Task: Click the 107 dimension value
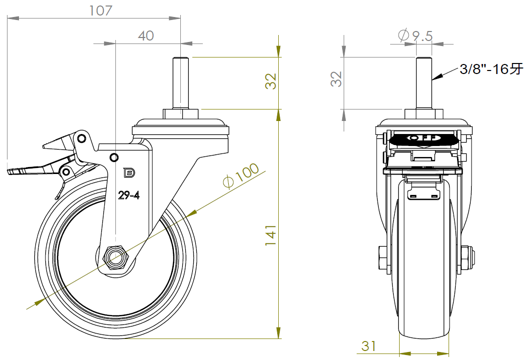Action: (100, 11)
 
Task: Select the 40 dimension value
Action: (146, 35)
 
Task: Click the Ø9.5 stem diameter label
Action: (415, 35)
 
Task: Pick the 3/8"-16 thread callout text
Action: (492, 69)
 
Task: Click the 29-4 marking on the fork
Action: (129, 195)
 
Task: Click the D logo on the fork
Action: (129, 173)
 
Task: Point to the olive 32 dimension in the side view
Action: (270, 81)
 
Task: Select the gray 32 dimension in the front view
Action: (336, 79)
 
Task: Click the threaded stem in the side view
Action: (180, 83)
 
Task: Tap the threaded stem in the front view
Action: (424, 83)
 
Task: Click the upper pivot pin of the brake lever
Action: (81, 138)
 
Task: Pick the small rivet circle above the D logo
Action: (114, 157)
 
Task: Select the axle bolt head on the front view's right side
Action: (467, 258)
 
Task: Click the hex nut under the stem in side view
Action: (180, 113)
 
